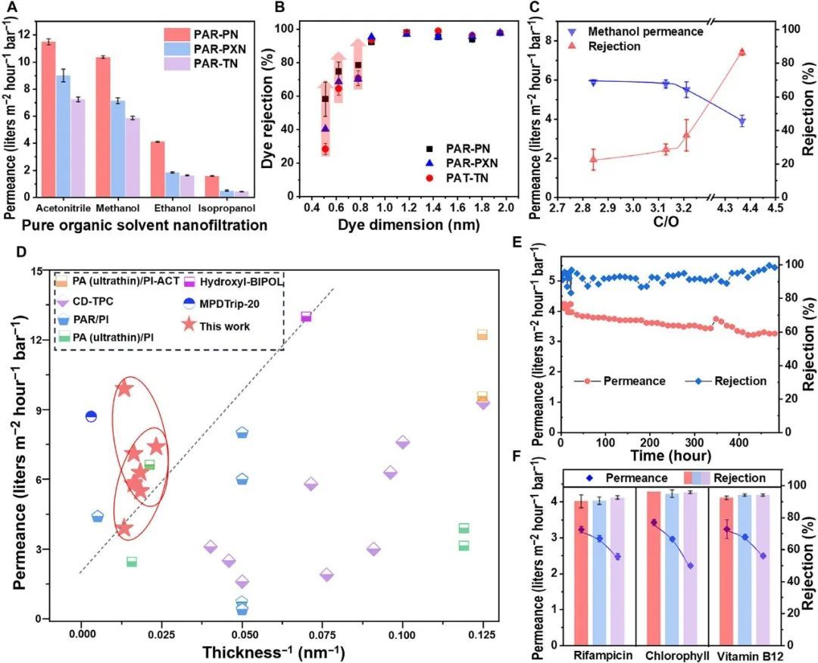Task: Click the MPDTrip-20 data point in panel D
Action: (x=91, y=416)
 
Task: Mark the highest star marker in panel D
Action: (x=124, y=389)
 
